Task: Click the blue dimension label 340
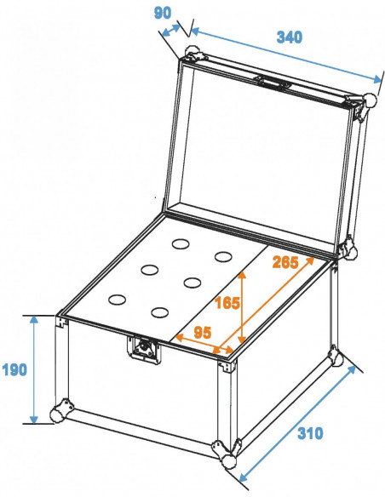290,37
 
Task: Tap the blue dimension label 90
163,13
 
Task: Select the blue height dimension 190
14,369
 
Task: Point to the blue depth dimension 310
310,433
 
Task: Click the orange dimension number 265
285,262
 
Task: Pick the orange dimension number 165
227,303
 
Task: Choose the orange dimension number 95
202,333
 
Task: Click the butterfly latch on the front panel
144,349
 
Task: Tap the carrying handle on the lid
272,82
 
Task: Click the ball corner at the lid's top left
191,52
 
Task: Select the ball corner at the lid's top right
371,100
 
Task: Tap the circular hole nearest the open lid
181,244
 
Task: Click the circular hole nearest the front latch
159,312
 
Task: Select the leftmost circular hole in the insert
117,300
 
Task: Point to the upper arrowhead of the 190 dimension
33,319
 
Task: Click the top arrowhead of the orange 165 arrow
242,275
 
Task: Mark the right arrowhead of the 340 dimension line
377,79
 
